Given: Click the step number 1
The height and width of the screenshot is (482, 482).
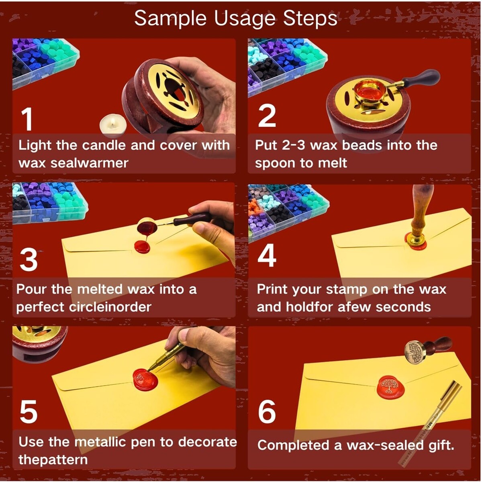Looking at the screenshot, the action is pyautogui.click(x=27, y=119).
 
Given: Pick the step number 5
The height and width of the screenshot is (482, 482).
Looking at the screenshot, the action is pyautogui.click(x=29, y=411).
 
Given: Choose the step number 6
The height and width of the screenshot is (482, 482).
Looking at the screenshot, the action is pyautogui.click(x=267, y=411).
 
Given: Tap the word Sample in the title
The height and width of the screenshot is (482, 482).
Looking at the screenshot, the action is pyautogui.click(x=170, y=19).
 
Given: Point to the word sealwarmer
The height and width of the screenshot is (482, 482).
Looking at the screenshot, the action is pyautogui.click(x=89, y=163).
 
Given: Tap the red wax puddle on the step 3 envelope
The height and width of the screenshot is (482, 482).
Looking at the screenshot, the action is pyautogui.click(x=142, y=246).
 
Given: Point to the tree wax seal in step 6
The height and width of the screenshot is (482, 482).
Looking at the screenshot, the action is pyautogui.click(x=389, y=386).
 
